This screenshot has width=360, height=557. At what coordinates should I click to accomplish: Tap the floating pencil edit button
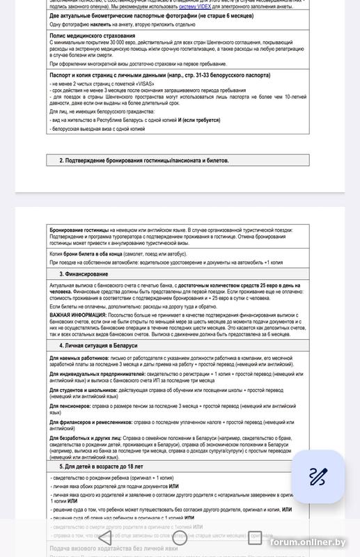(318, 477)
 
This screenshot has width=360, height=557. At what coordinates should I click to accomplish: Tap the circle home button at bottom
(180, 537)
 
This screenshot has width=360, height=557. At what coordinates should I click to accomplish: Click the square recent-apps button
(255, 537)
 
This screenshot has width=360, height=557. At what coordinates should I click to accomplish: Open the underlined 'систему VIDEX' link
(196, 7)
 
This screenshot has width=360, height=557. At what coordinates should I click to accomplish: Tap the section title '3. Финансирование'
(83, 274)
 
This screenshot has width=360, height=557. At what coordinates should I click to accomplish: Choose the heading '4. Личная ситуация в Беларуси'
(98, 345)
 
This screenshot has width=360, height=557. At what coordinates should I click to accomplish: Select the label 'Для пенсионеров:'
(69, 404)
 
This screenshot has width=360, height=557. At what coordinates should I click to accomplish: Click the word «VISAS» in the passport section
(140, 84)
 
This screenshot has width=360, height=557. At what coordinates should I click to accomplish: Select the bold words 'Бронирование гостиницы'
(79, 229)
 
